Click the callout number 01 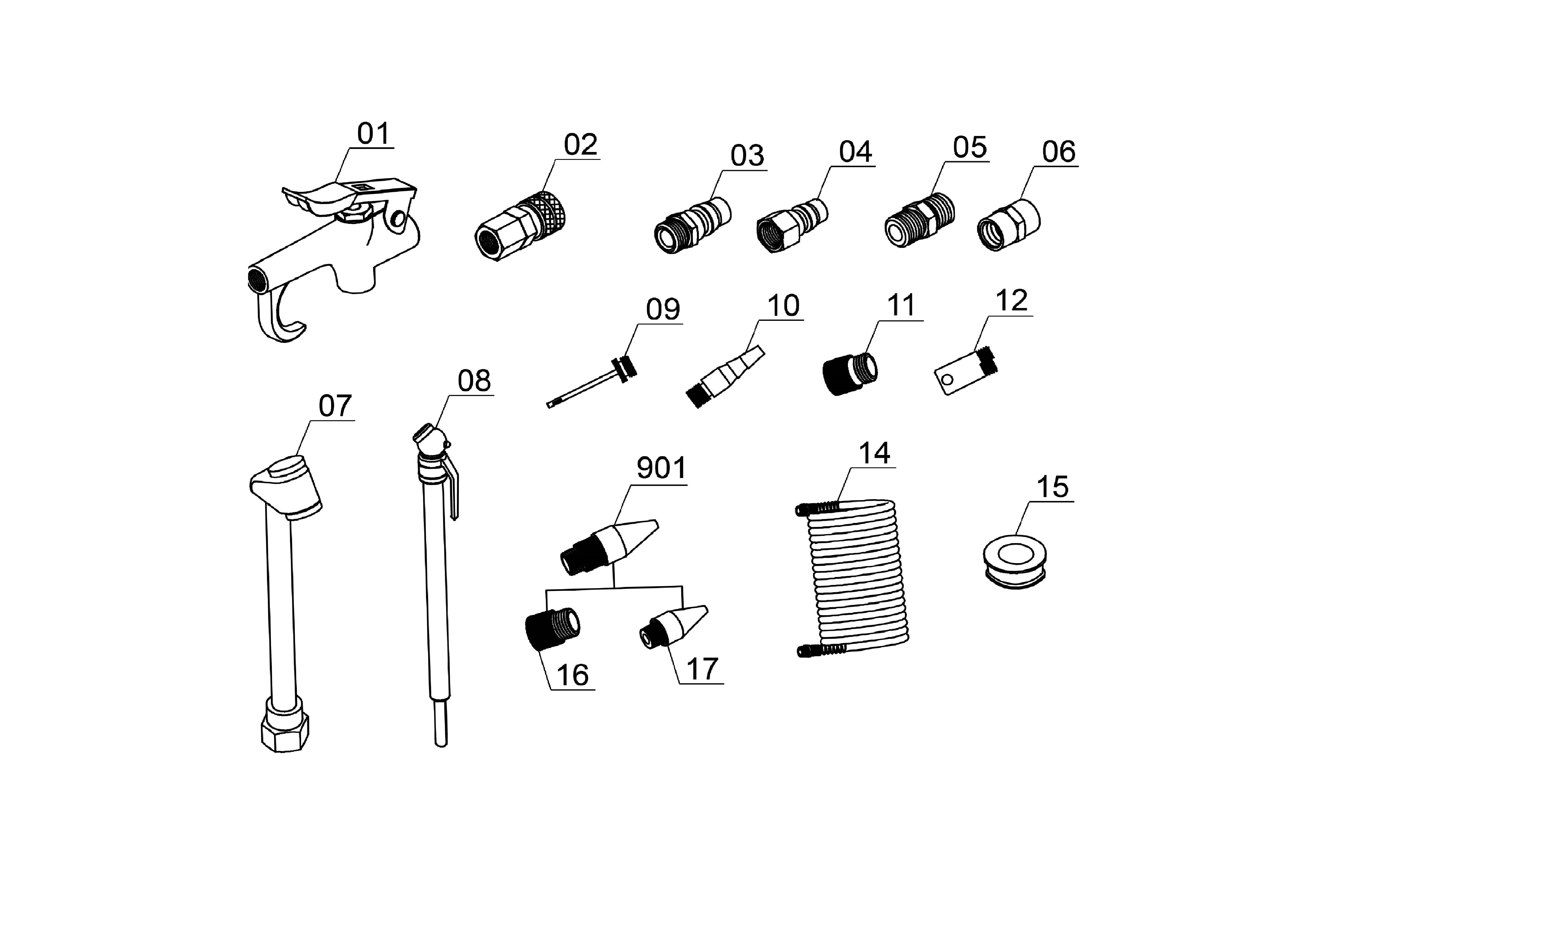[373, 134]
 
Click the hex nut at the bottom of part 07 [285, 732]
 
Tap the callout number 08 [474, 381]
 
